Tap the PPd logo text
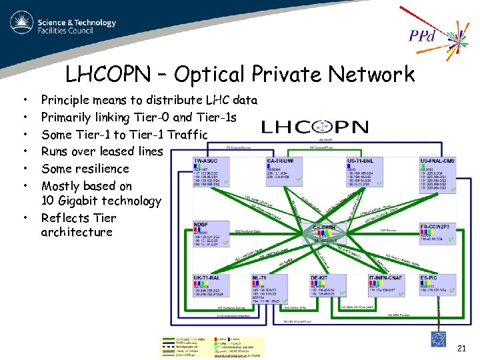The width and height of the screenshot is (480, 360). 422,35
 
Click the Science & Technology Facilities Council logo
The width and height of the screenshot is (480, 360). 63,25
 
